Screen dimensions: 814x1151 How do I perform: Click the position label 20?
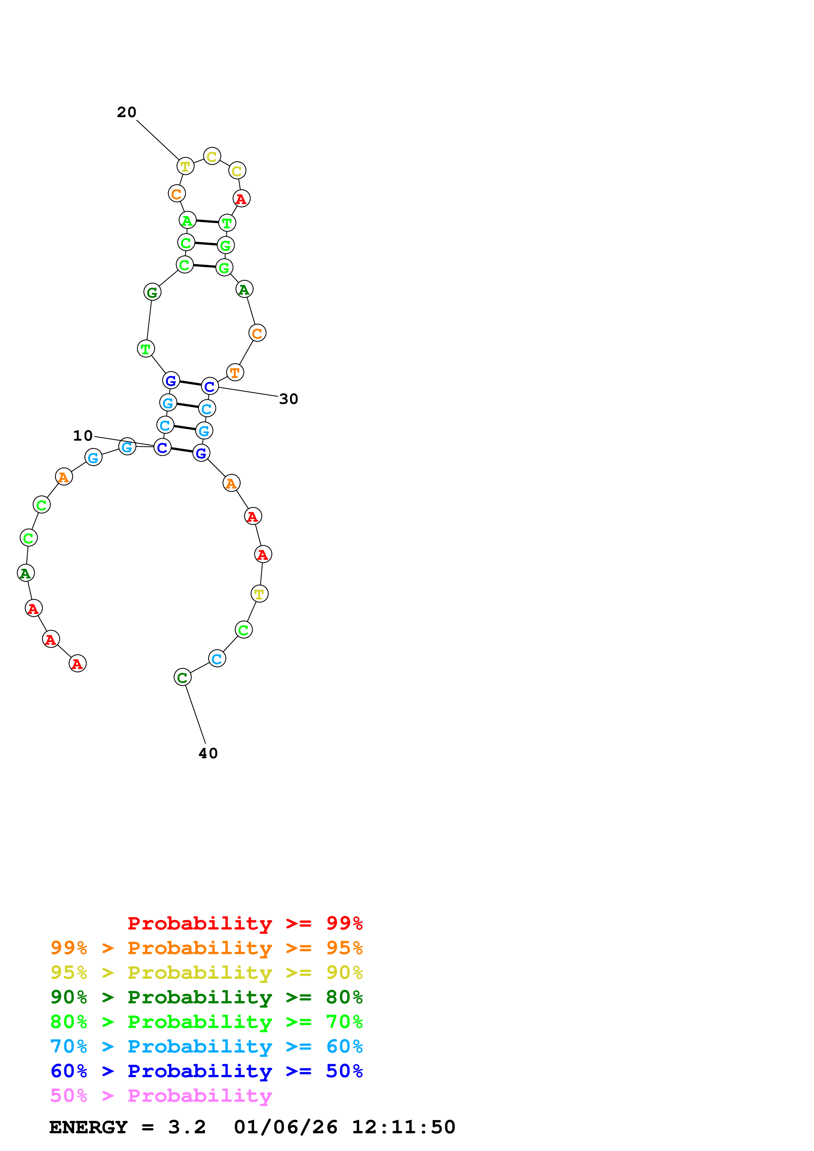126,112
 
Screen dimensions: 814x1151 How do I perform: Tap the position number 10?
83,436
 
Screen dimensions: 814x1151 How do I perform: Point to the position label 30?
288,399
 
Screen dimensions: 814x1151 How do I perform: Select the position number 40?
208,753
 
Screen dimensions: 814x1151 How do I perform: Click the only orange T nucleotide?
235,372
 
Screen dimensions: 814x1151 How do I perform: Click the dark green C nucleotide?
182,677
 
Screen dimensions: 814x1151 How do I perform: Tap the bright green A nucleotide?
187,220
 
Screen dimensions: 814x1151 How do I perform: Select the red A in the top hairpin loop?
241,199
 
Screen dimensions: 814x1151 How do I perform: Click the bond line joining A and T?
207,221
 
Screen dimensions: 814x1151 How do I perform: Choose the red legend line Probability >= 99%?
245,923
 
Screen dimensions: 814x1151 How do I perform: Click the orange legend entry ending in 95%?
206,948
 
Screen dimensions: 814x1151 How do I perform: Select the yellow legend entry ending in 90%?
206,973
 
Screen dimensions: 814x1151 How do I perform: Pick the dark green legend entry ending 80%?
206,997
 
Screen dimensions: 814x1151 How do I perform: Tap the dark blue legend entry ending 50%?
206,1071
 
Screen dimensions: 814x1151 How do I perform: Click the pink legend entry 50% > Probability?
161,1095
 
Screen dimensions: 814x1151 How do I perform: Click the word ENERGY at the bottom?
88,1127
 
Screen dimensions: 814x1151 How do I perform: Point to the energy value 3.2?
187,1127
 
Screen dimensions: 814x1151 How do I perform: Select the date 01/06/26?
285,1127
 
